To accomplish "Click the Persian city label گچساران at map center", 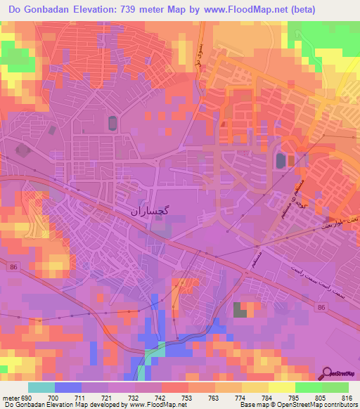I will (x=150, y=209).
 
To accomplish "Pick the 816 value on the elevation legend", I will (x=347, y=398).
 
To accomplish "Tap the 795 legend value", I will (x=281, y=398).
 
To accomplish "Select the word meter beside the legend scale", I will (x=11, y=398).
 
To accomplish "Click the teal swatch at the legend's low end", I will (x=41, y=387).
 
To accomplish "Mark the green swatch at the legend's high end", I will (x=335, y=387).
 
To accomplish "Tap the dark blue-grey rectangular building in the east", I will (x=281, y=161).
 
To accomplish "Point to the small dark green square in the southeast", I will (x=241, y=309).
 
